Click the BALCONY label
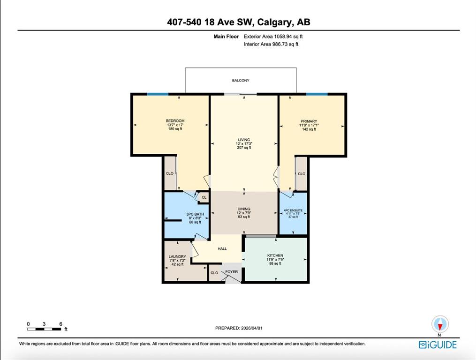pos(241,81)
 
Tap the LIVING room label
pos(244,140)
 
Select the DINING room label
pos(244,209)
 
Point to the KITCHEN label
pos(275,255)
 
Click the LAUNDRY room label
pos(178,256)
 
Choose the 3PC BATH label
pos(195,214)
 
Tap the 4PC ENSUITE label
pos(293,210)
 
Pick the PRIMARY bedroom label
pos(309,121)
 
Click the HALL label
pos(222,249)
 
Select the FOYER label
pos(232,272)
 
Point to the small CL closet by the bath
pos(204,197)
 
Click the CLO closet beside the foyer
pos(214,273)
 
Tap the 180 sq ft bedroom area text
pos(175,129)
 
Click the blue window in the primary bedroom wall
pos(317,94)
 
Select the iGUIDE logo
pos(438,345)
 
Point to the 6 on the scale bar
pos(60,324)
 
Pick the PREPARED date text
pos(239,328)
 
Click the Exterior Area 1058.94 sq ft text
pos(273,37)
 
